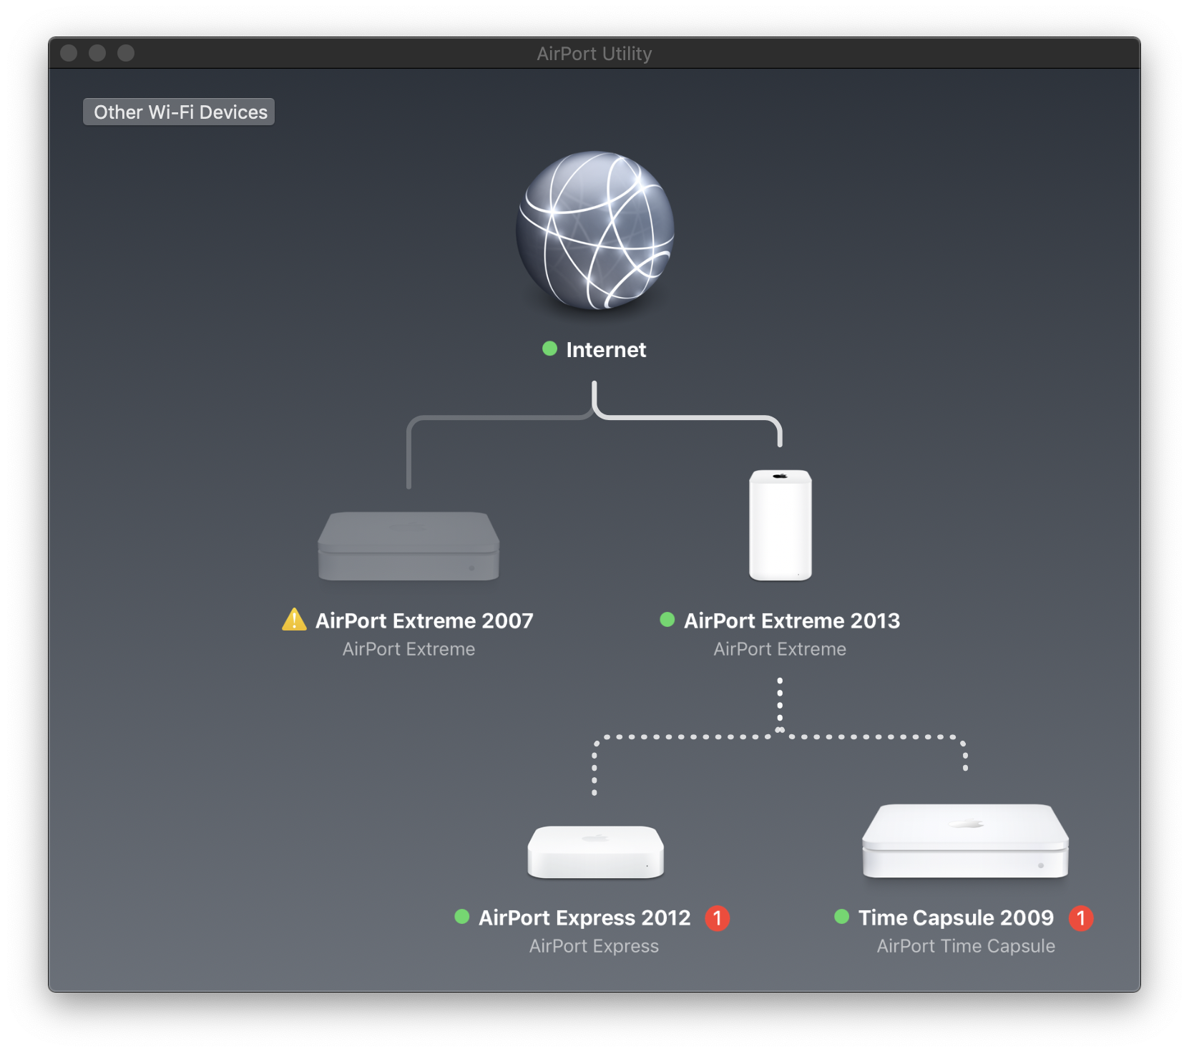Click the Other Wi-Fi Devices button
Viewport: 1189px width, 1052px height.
pyautogui.click(x=179, y=112)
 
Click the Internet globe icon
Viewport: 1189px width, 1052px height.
pyautogui.click(x=594, y=230)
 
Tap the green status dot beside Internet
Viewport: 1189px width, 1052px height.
pyautogui.click(x=549, y=349)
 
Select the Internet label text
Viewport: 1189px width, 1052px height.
pyautogui.click(x=606, y=349)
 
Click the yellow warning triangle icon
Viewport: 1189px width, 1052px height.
pyautogui.click(x=294, y=620)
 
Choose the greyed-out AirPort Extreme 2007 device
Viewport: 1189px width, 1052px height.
pyautogui.click(x=408, y=545)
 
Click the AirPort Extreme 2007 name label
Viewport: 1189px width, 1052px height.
pyautogui.click(x=424, y=620)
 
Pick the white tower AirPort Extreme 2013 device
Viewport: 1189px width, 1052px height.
pyautogui.click(x=780, y=525)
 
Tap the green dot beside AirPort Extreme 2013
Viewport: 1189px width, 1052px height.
pyautogui.click(x=667, y=619)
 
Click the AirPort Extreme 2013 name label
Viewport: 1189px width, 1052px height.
pyautogui.click(x=792, y=620)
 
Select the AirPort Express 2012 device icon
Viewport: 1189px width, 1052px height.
pyautogui.click(x=595, y=852)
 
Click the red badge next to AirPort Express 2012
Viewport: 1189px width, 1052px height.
pyautogui.click(x=717, y=917)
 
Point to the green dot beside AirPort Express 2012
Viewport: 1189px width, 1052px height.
pyautogui.click(x=461, y=916)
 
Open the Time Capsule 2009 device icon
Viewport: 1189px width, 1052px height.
pyautogui.click(x=965, y=841)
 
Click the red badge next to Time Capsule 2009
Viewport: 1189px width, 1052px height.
pyautogui.click(x=1080, y=917)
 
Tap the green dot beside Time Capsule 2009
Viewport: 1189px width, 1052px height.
pyautogui.click(x=841, y=916)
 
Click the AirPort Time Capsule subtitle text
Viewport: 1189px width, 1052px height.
pyautogui.click(x=966, y=946)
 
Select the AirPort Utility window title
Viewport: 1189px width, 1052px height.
pyautogui.click(x=594, y=54)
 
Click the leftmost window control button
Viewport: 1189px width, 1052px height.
pyautogui.click(x=69, y=53)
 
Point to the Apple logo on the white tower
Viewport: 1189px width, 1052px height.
pyautogui.click(x=780, y=476)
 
